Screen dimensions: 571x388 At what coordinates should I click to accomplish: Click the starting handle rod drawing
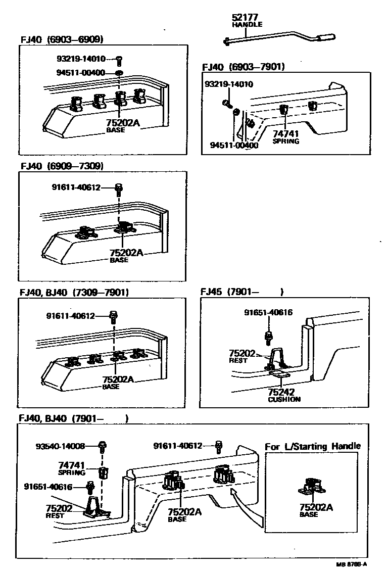click(x=280, y=38)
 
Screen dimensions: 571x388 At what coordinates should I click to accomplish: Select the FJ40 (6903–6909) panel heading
click(x=63, y=39)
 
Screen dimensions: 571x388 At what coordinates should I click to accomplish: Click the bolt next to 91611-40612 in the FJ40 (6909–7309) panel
click(x=120, y=188)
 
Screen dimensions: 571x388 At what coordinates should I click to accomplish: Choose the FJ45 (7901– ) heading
click(x=241, y=292)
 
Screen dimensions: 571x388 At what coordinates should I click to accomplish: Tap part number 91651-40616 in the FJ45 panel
click(x=268, y=313)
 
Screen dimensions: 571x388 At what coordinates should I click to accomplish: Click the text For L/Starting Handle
click(x=313, y=446)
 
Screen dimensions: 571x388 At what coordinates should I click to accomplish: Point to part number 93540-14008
click(x=60, y=446)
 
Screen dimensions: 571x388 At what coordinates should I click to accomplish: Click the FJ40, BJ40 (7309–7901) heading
click(x=74, y=292)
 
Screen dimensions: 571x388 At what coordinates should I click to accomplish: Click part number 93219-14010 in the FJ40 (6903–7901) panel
click(x=229, y=84)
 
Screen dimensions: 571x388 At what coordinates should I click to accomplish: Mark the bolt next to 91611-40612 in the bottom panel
click(x=219, y=446)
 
